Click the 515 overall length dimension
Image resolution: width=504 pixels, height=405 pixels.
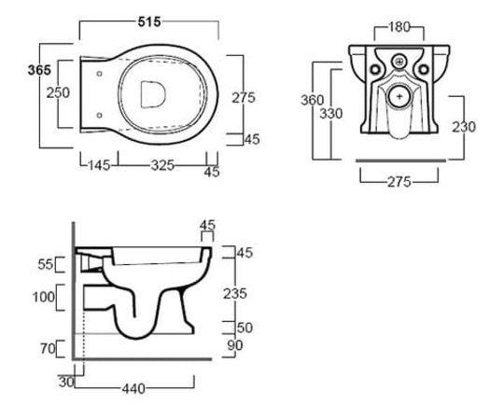pyautogui.click(x=149, y=21)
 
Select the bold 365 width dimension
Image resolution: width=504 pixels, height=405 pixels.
pyautogui.click(x=39, y=70)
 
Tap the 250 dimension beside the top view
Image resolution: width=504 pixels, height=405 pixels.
pyautogui.click(x=58, y=93)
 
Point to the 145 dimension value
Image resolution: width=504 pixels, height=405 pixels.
pyautogui.click(x=99, y=165)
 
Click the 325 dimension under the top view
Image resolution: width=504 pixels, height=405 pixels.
pyautogui.click(x=162, y=165)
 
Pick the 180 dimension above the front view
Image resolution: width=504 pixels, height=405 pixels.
pyautogui.click(x=399, y=27)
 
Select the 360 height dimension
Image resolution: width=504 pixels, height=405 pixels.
pyautogui.click(x=312, y=100)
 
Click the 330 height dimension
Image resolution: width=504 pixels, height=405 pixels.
pyautogui.click(x=331, y=114)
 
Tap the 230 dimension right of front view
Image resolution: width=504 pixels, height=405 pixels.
pyautogui.click(x=464, y=127)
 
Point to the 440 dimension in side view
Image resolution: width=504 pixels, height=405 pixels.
pyautogui.click(x=133, y=389)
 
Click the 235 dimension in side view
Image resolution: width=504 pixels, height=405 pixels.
pyautogui.click(x=235, y=293)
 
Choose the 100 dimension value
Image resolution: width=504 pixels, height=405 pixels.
pyautogui.click(x=44, y=297)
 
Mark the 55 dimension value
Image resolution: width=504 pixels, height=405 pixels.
pyautogui.click(x=46, y=264)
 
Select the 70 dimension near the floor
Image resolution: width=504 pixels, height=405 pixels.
pyautogui.click(x=48, y=348)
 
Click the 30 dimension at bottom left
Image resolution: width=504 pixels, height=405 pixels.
pyautogui.click(x=66, y=382)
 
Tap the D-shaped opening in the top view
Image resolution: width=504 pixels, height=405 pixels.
pyautogui.click(x=153, y=94)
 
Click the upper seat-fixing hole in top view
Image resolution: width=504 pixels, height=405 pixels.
pyautogui.click(x=99, y=74)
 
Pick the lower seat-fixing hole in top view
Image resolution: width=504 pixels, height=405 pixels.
pyautogui.click(x=99, y=115)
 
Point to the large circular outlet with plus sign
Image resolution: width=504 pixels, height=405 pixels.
pyautogui.click(x=399, y=96)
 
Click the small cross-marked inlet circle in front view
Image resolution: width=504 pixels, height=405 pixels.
pyautogui.click(x=399, y=61)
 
